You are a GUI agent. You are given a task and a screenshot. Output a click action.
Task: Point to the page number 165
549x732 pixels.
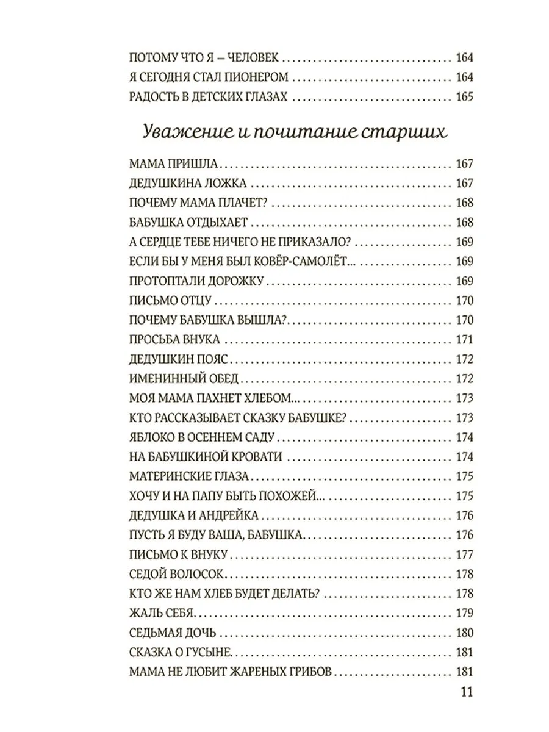(x=464, y=97)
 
